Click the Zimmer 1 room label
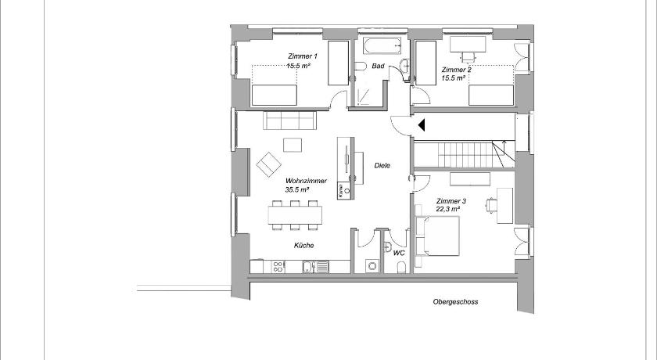(303, 56)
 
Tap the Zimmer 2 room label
(456, 70)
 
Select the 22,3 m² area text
(448, 209)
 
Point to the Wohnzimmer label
(306, 181)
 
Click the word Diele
(382, 166)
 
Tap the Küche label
(303, 246)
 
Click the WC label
(399, 253)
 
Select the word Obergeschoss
(455, 302)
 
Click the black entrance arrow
(422, 125)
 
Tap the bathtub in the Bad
(382, 45)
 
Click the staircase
(465, 154)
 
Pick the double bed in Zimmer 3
(441, 236)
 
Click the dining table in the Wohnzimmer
(296, 215)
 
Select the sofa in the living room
(289, 121)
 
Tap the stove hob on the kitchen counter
(278, 267)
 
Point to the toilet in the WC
(401, 267)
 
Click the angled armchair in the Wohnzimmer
(268, 164)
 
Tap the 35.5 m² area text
(297, 189)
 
